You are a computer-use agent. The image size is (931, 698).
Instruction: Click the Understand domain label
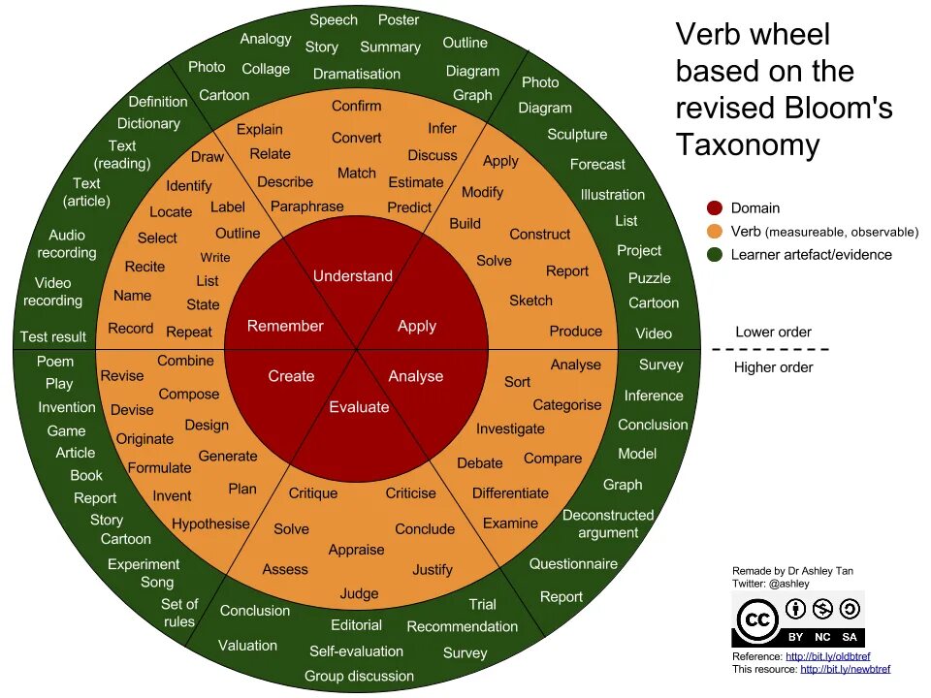coord(352,276)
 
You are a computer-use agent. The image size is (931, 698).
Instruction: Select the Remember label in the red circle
coord(285,326)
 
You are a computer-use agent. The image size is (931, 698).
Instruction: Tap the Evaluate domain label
coord(359,407)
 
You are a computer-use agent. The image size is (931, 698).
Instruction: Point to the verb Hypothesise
coord(210,523)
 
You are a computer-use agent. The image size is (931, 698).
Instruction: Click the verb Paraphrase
coord(306,206)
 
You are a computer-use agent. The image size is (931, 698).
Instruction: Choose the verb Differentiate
coord(510,492)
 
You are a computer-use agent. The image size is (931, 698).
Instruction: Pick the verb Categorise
coord(567,404)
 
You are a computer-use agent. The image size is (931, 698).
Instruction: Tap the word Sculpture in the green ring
coord(577,135)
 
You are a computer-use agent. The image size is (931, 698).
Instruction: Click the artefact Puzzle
coord(649,277)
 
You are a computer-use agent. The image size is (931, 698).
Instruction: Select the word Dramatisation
coord(357,74)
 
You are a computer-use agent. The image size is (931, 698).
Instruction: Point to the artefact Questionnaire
coord(573,563)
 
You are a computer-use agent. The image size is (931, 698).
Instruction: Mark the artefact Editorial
coord(356,625)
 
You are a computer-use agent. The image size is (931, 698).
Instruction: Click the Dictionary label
coord(148,123)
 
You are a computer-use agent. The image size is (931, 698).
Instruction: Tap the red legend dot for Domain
coord(715,207)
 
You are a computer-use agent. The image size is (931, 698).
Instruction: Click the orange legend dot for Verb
coord(715,231)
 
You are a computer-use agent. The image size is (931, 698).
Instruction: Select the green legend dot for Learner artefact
coord(715,254)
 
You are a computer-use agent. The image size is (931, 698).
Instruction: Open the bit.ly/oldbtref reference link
coord(827,656)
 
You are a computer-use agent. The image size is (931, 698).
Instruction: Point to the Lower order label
coord(773,332)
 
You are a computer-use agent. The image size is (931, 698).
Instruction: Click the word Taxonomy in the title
coord(747,144)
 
